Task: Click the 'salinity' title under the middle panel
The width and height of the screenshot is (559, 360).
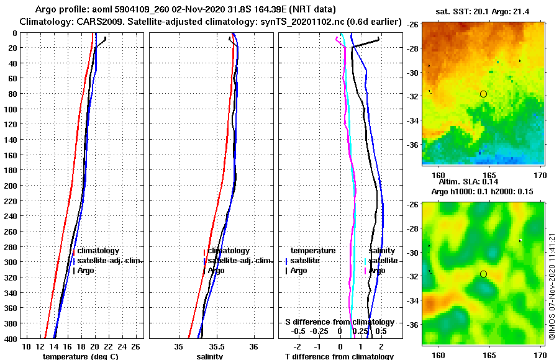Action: click(210, 356)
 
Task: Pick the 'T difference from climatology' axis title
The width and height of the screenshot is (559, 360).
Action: click(339, 356)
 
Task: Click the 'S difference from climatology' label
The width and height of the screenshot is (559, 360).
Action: click(339, 322)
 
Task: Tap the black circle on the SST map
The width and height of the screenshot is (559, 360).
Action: click(483, 94)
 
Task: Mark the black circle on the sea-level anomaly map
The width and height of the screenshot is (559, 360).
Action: click(483, 274)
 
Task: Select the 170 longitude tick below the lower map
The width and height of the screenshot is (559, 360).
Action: click(540, 355)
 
